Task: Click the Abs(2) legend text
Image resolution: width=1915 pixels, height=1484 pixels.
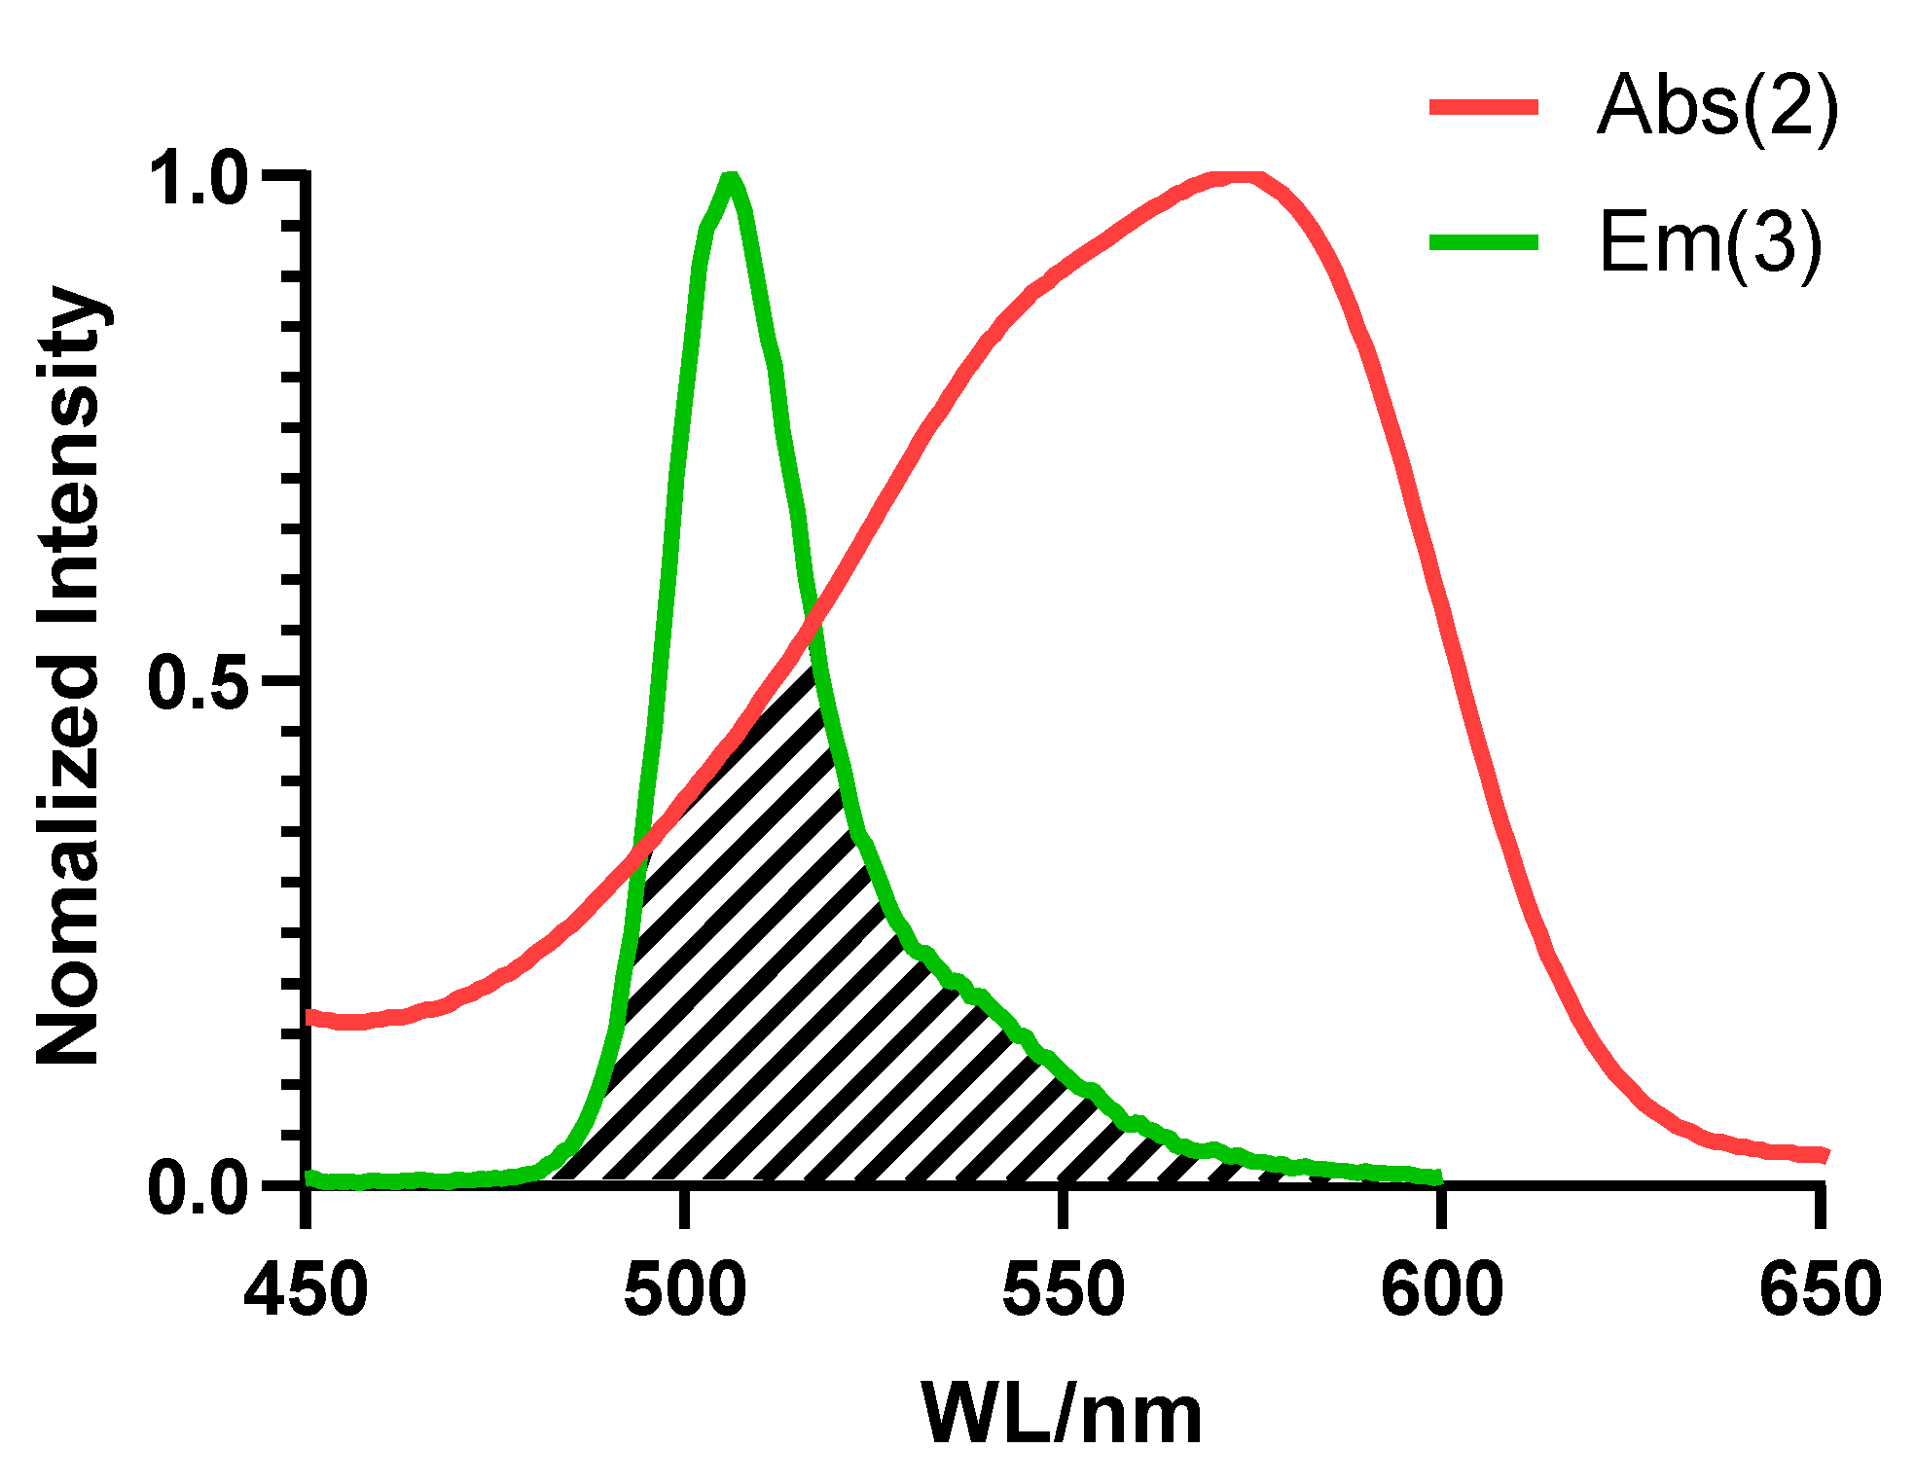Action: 1716,107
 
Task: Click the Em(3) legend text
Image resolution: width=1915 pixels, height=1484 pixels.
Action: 1709,243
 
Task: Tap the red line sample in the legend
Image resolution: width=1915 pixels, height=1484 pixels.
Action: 1483,107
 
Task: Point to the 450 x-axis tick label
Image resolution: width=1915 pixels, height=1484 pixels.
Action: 307,1289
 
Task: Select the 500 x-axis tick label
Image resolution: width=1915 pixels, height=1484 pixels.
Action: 685,1289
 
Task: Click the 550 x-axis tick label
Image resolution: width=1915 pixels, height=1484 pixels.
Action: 1064,1289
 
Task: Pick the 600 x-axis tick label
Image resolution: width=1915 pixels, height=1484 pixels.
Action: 1442,1289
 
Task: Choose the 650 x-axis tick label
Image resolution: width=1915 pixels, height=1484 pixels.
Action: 1820,1289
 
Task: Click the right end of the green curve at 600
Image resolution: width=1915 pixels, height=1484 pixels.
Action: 1438,1178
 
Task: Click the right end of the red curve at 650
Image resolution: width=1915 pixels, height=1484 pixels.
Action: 1825,1155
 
